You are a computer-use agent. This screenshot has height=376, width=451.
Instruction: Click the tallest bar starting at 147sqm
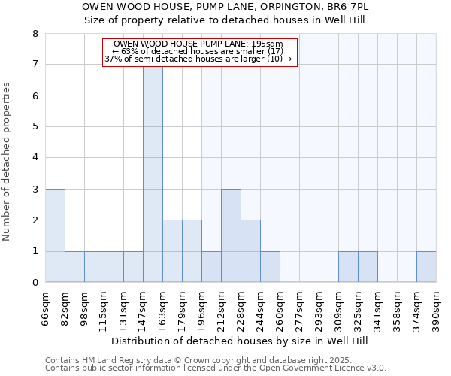point(153,174)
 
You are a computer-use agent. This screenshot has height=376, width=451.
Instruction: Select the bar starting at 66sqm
point(55,235)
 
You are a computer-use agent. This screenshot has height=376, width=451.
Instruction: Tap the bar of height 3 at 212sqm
point(231,235)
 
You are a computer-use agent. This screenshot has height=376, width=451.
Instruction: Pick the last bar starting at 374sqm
point(426,267)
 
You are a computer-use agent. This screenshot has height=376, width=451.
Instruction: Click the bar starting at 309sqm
point(348,267)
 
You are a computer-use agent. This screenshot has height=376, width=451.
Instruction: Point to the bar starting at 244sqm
point(270,267)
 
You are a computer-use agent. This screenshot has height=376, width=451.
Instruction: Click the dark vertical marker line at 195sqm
point(201,188)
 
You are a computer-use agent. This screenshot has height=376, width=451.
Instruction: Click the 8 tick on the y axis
point(35,34)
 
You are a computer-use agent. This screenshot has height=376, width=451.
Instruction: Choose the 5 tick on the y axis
point(35,127)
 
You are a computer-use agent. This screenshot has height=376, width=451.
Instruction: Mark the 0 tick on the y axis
point(35,283)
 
